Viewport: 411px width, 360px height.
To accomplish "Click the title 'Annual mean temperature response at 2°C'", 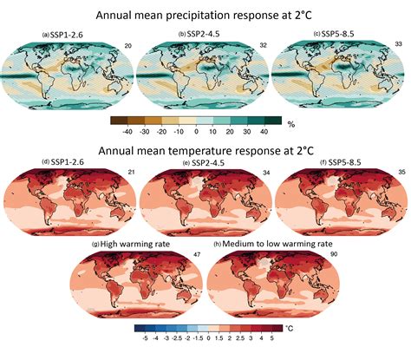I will (205, 151).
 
